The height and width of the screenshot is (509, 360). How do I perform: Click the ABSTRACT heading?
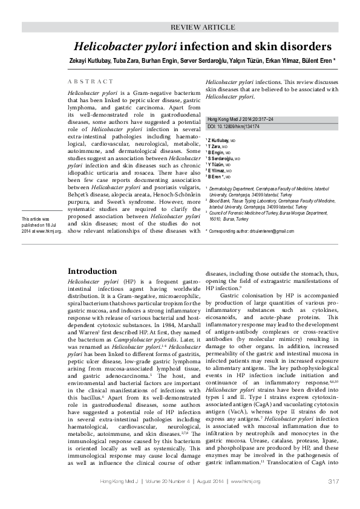[90, 82]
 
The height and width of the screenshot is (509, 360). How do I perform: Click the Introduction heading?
[92, 271]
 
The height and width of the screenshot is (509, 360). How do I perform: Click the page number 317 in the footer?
[332, 481]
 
